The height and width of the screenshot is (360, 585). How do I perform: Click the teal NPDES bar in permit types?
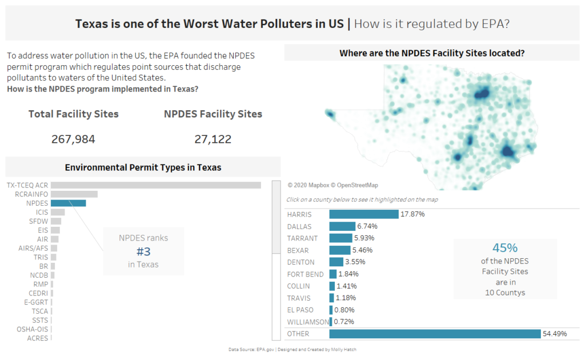68,203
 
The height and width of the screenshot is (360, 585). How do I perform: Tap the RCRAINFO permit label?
32,194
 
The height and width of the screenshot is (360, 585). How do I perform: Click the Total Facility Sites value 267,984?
73,139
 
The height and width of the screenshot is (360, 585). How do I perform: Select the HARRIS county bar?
363,214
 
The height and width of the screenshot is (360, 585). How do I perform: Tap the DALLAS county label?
299,226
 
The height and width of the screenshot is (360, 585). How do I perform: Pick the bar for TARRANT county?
340,238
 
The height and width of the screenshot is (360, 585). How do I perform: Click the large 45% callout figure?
504,248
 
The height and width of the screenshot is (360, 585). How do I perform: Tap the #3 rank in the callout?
143,251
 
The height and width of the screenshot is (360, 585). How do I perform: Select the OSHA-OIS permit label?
33,329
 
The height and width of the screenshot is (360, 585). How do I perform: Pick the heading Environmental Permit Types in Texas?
143,167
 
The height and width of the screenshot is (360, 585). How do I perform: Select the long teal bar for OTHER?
435,334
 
